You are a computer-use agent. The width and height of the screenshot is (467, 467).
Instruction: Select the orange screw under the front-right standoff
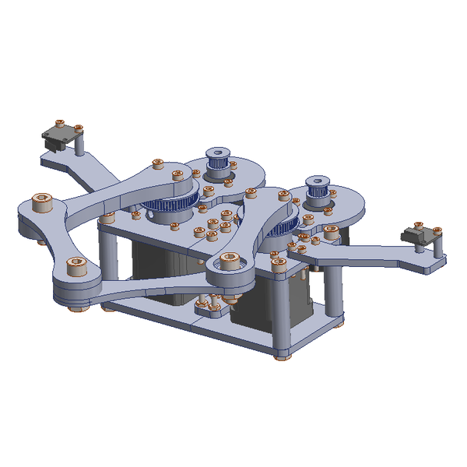(281, 358)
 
